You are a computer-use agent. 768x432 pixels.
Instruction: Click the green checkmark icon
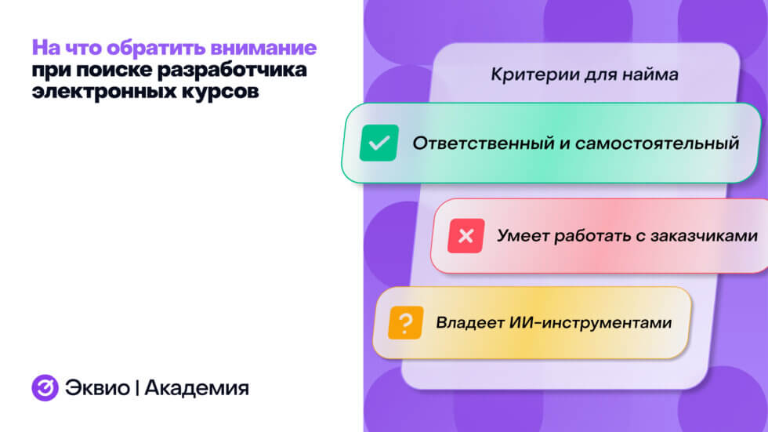point(379,143)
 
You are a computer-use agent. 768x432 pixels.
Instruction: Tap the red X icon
point(466,236)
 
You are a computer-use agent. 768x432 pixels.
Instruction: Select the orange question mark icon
point(405,321)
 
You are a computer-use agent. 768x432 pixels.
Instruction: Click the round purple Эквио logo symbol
point(45,387)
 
